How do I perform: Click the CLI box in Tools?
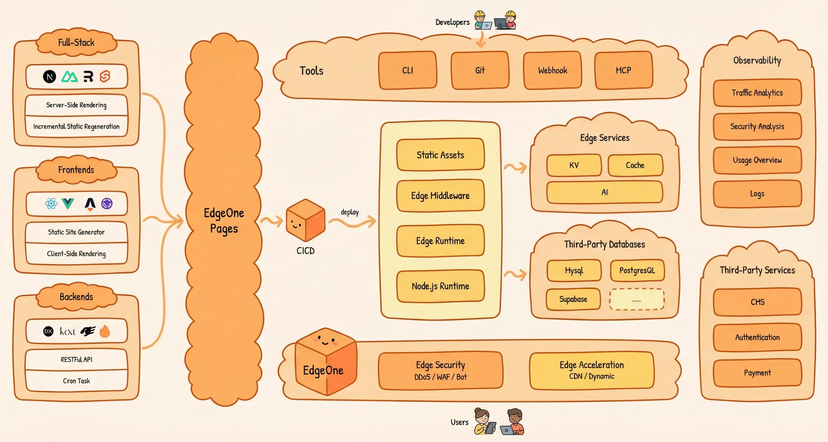407,70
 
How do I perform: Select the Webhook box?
552,70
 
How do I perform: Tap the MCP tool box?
623,70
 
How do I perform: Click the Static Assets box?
440,155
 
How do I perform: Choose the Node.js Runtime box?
440,286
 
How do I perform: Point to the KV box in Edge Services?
574,165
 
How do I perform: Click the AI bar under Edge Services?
604,192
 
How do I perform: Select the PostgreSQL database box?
637,270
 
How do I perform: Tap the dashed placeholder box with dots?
636,299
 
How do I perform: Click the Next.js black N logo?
49,76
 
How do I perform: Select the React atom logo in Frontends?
51,203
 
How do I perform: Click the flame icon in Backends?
105,331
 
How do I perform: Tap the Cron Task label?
76,381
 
